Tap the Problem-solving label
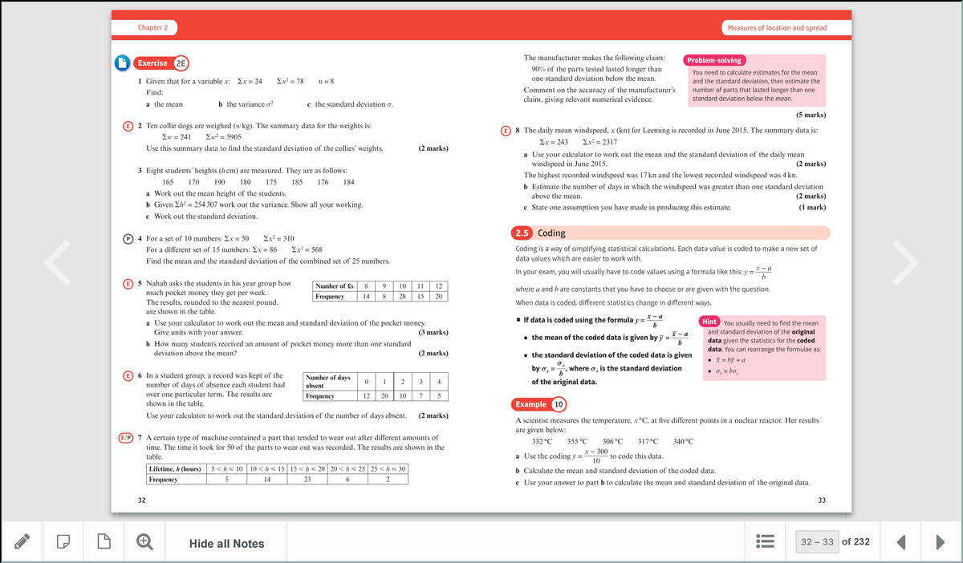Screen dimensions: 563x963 [714, 60]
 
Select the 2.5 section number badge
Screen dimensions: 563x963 [522, 233]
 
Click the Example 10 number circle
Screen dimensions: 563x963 [559, 404]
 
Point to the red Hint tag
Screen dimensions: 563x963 [709, 322]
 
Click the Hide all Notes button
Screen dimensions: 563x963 [226, 544]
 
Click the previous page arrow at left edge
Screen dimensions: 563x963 [57, 259]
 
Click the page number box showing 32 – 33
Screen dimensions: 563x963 [817, 542]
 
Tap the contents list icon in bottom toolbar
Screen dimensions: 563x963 [764, 543]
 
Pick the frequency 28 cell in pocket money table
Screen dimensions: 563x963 [402, 297]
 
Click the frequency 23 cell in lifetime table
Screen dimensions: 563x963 [307, 480]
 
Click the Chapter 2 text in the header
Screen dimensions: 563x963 [152, 27]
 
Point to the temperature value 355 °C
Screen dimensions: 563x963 [577, 442]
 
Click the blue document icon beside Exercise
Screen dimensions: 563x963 [121, 63]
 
